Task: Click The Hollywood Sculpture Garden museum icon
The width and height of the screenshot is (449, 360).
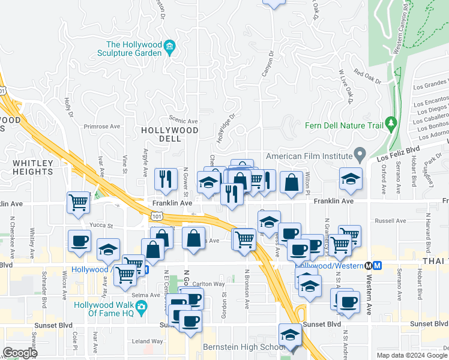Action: pos(170,47)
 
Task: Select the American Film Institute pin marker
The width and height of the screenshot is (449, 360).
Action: pos(360,155)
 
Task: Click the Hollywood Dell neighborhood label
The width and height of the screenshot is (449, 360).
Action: pos(170,134)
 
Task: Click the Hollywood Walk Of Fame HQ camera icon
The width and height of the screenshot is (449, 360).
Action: pos(141,308)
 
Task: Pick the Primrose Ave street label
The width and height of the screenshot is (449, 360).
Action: pos(102,127)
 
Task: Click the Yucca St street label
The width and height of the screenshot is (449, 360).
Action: pos(101,226)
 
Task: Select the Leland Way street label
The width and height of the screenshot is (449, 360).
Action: pos(149,341)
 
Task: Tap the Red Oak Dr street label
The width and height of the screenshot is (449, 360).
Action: pos(368,76)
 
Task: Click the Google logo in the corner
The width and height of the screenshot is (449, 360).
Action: pos(20,353)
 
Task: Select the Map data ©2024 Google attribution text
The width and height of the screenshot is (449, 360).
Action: pos(411,355)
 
